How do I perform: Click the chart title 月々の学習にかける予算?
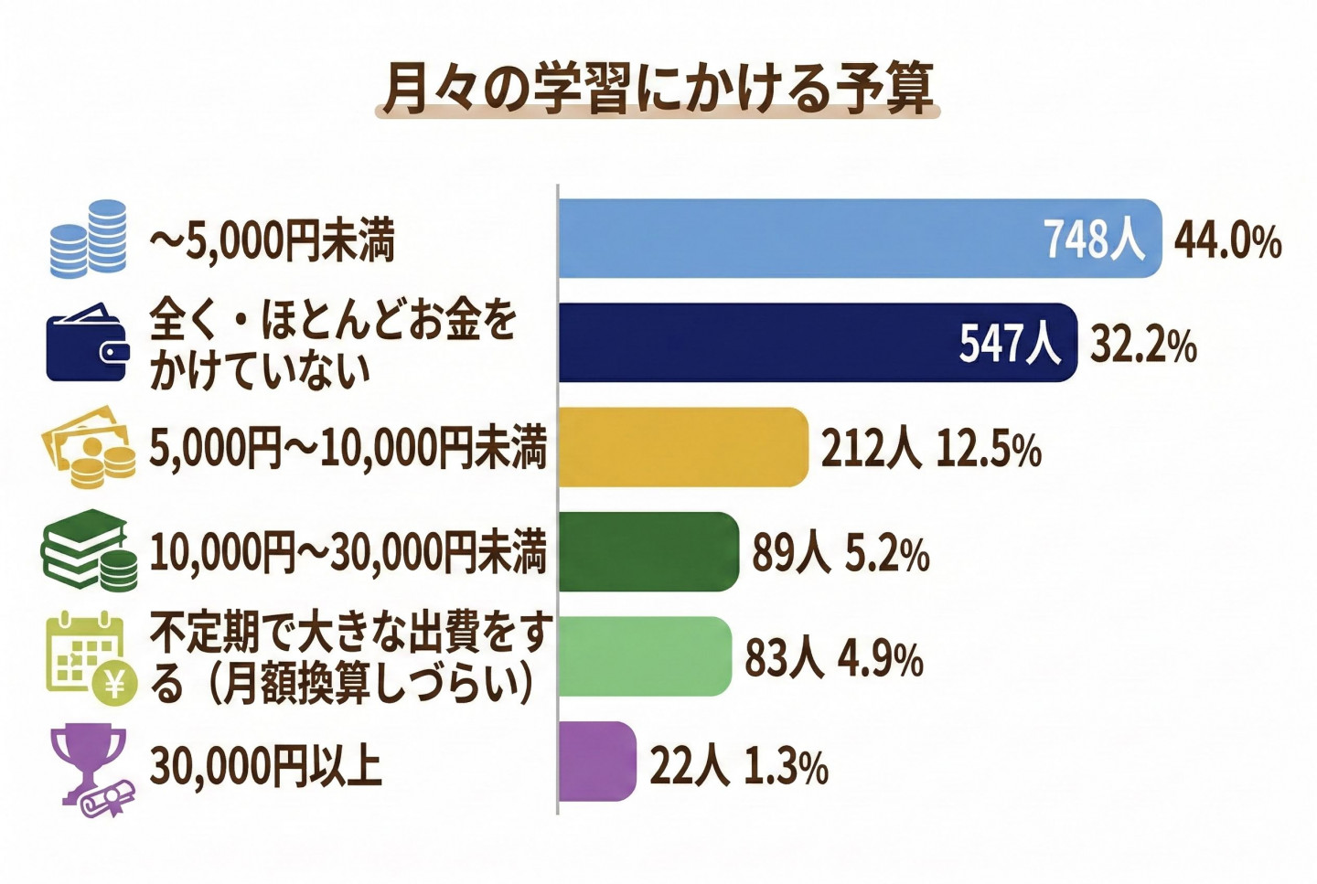pyautogui.click(x=658, y=89)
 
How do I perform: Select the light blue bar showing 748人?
pyautogui.click(x=859, y=238)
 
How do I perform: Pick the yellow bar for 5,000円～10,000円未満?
pyautogui.click(x=683, y=447)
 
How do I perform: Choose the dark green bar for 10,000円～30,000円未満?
pyautogui.click(x=648, y=551)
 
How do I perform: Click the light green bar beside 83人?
pyautogui.click(x=645, y=656)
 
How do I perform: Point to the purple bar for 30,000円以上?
pyautogui.click(x=596, y=762)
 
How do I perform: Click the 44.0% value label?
pyautogui.click(x=1227, y=240)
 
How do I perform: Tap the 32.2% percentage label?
pyautogui.click(x=1143, y=346)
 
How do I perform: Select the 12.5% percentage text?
pyautogui.click(x=989, y=450)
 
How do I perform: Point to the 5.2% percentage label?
pyautogui.click(x=886, y=554)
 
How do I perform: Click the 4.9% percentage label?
pyautogui.click(x=880, y=659)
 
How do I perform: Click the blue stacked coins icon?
pyautogui.click(x=88, y=239)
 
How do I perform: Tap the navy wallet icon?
pyautogui.click(x=87, y=343)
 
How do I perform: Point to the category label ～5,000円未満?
pyautogui.click(x=273, y=242)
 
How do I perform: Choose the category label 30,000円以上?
pyautogui.click(x=265, y=766)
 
